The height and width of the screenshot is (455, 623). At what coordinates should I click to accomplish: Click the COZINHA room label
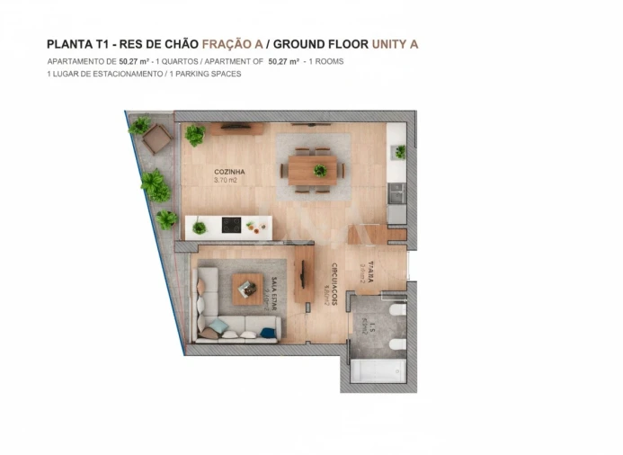(x=229, y=172)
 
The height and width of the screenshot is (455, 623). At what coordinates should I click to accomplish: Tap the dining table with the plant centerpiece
(x=313, y=169)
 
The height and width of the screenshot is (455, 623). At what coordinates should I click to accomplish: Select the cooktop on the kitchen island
(x=231, y=225)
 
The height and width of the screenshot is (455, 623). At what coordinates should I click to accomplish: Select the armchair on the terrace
(x=156, y=138)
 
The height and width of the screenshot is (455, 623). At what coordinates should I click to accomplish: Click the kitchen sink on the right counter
(x=396, y=192)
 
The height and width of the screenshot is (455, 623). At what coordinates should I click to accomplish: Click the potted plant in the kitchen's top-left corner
(x=194, y=136)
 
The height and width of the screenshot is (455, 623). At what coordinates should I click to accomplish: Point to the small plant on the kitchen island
(x=200, y=227)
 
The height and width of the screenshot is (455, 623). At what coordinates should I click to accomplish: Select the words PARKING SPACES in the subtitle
(x=212, y=74)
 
